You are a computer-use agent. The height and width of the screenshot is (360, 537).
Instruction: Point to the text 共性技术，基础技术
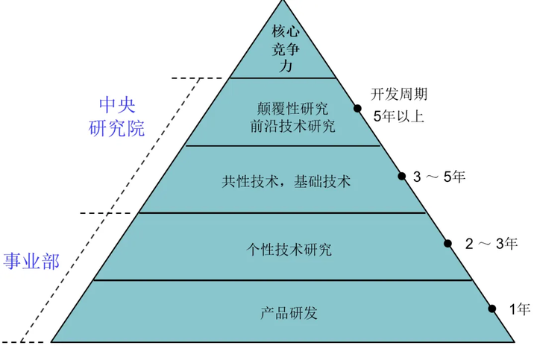[286, 180]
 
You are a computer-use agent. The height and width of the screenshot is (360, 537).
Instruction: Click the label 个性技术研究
[289, 249]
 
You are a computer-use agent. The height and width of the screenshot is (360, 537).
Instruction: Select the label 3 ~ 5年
[439, 177]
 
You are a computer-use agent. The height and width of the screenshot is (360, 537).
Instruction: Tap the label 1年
[519, 308]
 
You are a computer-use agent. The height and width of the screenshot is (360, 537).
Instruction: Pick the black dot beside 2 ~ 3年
[448, 243]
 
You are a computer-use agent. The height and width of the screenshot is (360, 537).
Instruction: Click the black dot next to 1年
[492, 308]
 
